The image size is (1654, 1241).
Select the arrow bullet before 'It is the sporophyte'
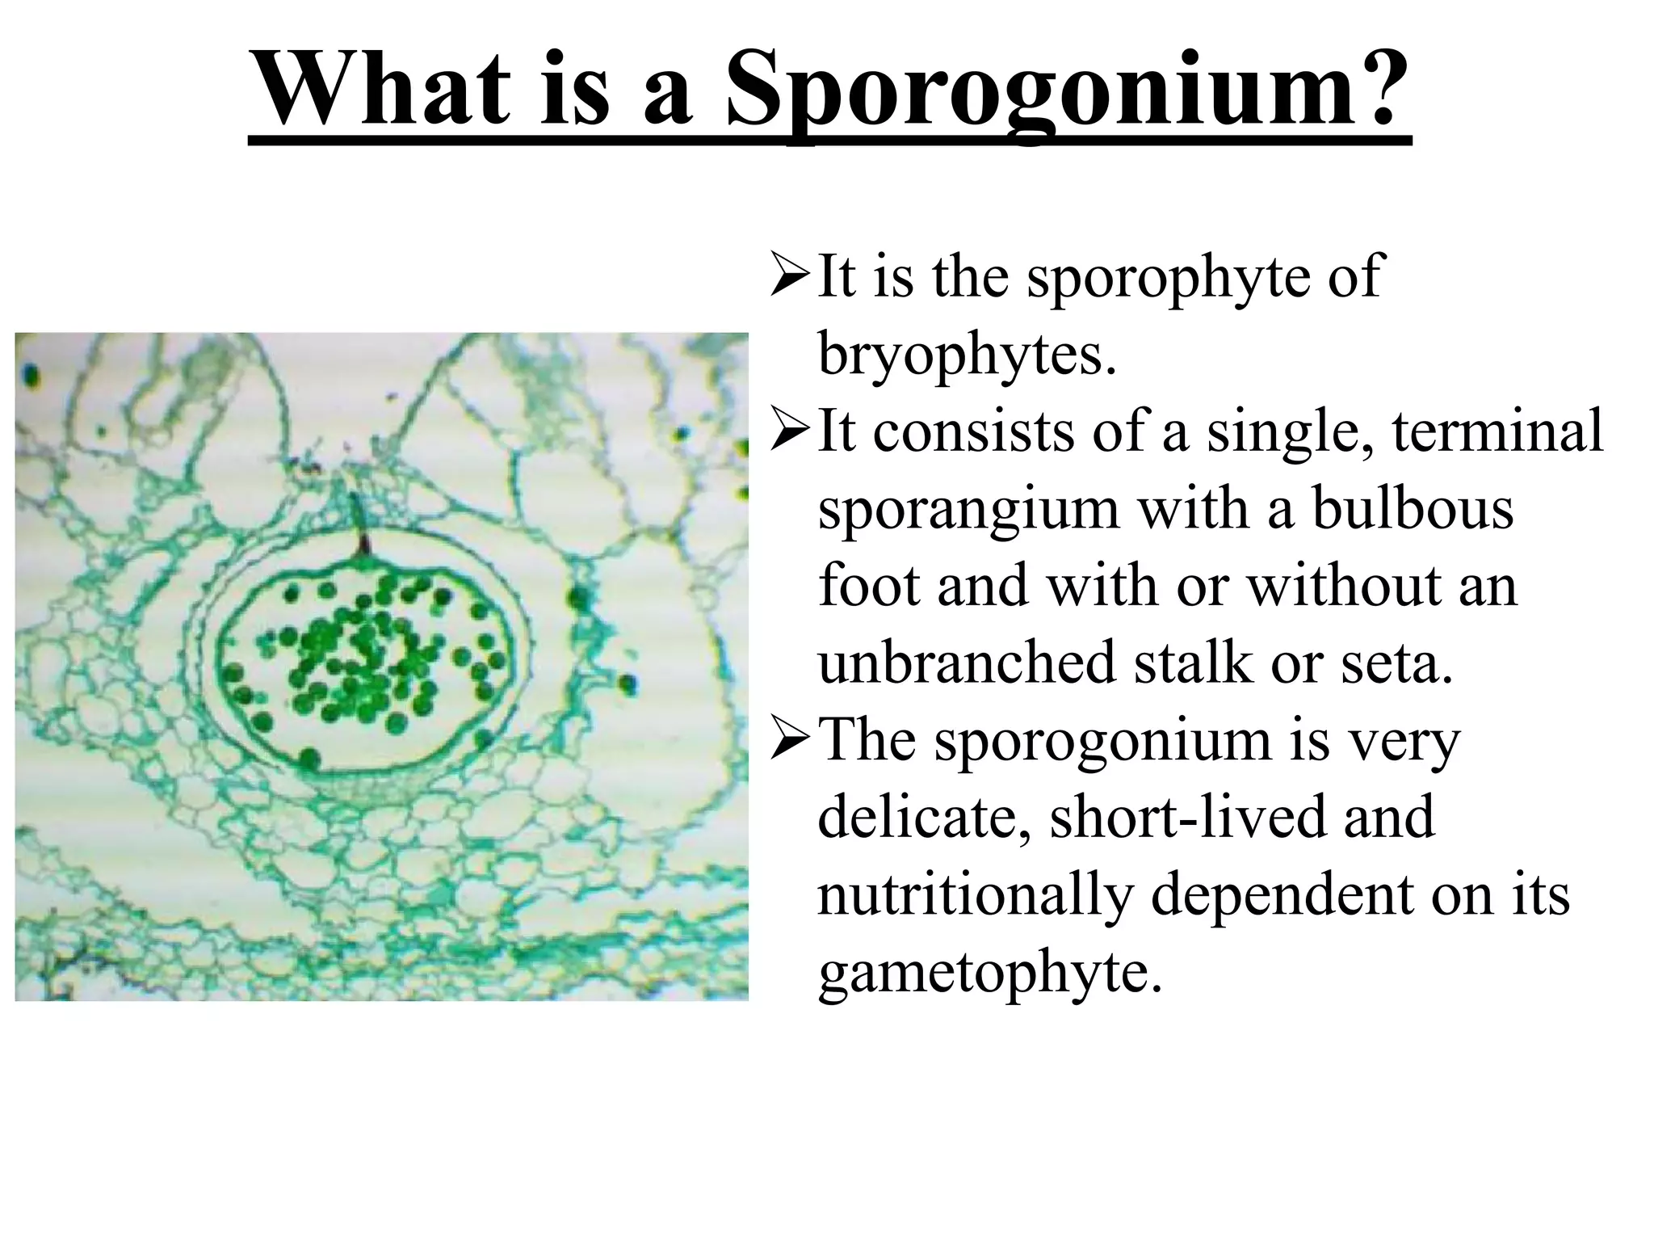tap(789, 275)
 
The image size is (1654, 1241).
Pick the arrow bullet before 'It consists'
tap(789, 430)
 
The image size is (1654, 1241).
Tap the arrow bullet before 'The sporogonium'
tap(789, 739)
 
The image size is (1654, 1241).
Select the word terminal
tap(1497, 430)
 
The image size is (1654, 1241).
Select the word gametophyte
tap(989, 973)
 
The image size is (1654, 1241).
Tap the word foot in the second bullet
tap(867, 585)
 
